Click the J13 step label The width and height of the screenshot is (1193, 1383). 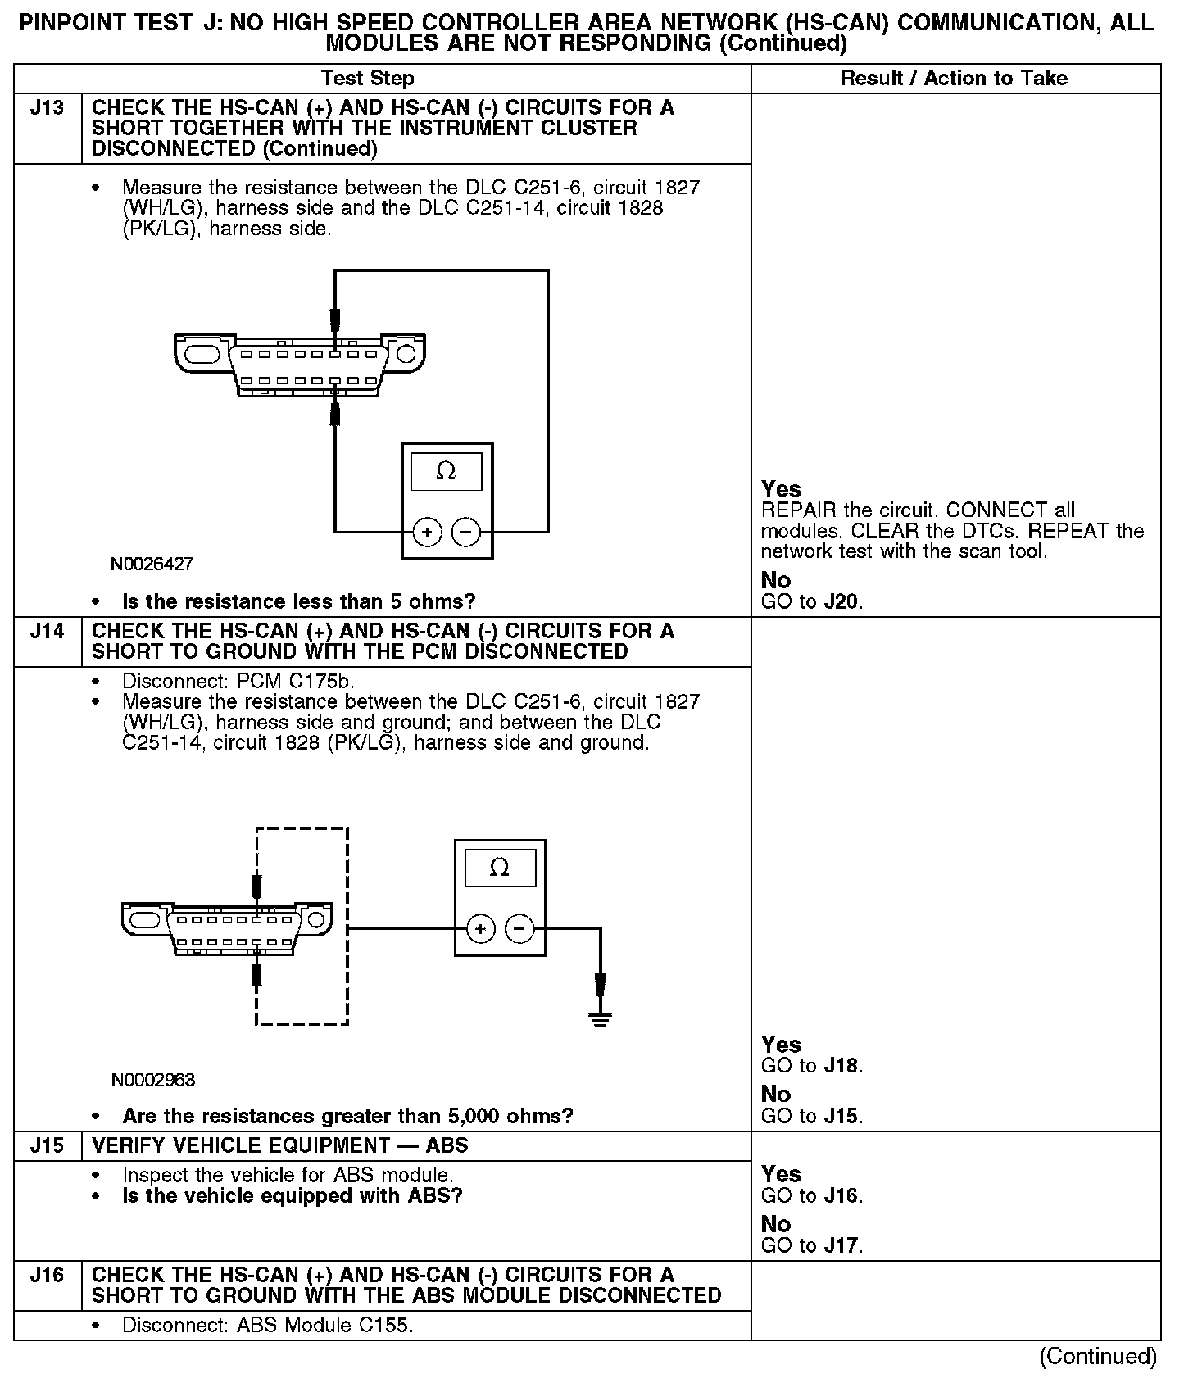47,108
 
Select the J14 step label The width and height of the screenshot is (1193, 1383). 47,632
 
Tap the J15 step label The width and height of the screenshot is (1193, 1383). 47,1146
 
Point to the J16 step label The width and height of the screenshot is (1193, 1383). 47,1276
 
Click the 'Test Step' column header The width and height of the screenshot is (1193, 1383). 368,79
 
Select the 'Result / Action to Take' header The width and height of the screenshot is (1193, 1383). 955,79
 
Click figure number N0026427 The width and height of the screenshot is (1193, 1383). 152,565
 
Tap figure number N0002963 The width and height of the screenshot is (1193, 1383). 153,1080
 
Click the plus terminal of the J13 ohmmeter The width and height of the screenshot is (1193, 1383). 427,533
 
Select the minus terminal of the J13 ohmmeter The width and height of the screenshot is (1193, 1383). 466,533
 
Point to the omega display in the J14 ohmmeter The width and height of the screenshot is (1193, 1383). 500,868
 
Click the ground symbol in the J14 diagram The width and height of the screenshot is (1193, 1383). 601,1020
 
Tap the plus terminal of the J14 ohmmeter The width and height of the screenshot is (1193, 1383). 481,929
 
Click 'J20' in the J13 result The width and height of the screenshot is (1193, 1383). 842,602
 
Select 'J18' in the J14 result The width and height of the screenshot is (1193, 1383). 842,1067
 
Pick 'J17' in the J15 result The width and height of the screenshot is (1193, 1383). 842,1246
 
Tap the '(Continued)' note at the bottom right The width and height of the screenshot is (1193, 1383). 1098,1357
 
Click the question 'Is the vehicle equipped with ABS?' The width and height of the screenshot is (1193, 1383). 293,1196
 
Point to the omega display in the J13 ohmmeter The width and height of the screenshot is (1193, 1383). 447,471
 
